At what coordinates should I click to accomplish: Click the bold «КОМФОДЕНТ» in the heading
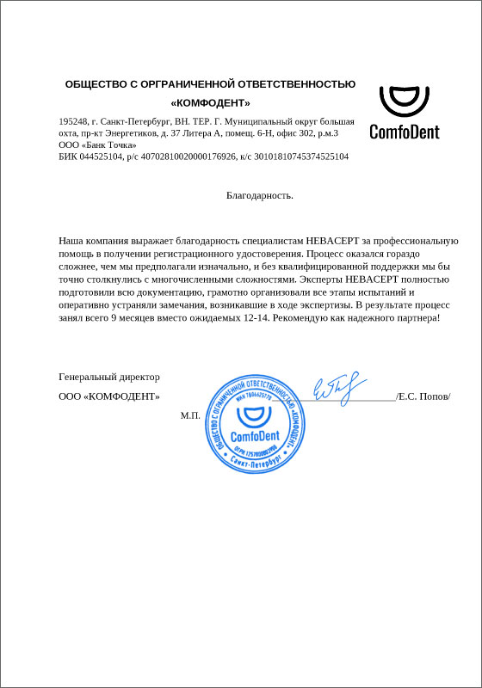pos(210,103)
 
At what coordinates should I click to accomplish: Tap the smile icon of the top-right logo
pos(404,102)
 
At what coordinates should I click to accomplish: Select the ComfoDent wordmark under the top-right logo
pos(404,132)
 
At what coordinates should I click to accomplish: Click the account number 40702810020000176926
pos(187,157)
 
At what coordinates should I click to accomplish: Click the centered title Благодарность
pos(260,195)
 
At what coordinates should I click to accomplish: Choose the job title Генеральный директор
pos(109,377)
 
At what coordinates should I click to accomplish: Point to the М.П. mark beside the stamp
pos(189,415)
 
